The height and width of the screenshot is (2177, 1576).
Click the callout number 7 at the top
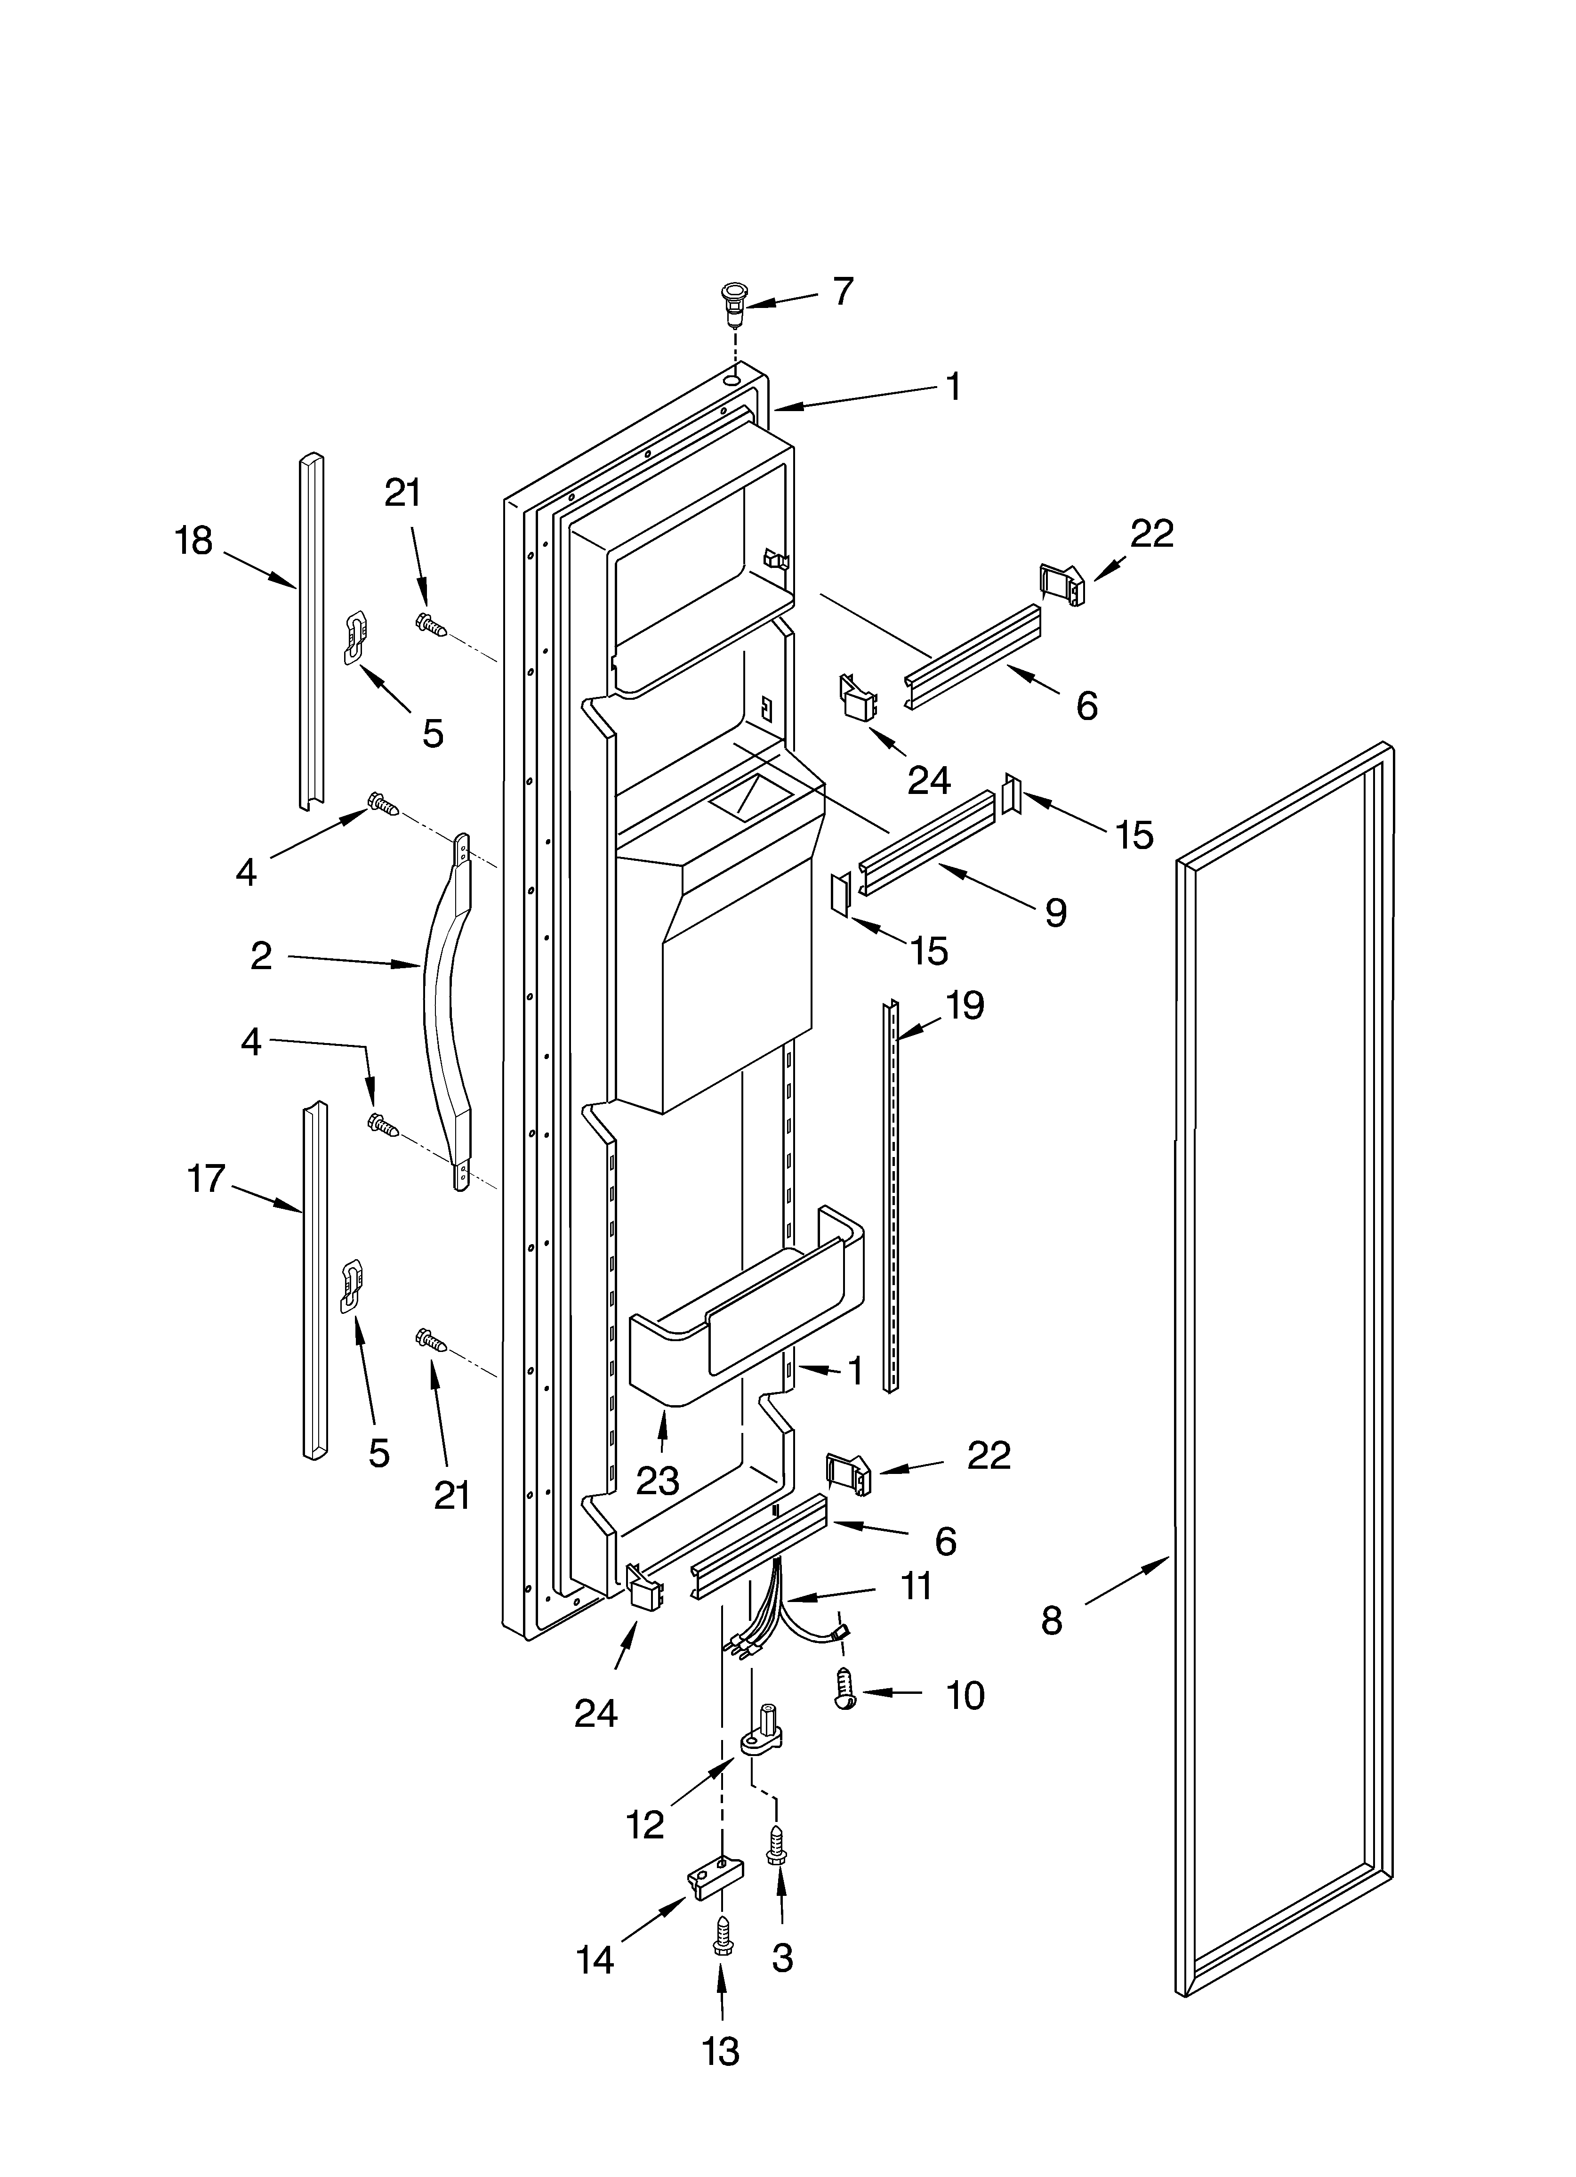[842, 292]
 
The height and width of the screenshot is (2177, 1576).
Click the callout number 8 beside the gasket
[1052, 1621]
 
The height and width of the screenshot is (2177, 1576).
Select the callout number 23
[658, 1481]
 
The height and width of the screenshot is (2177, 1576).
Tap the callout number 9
[1055, 912]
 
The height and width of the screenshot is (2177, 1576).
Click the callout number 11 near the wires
[917, 1586]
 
